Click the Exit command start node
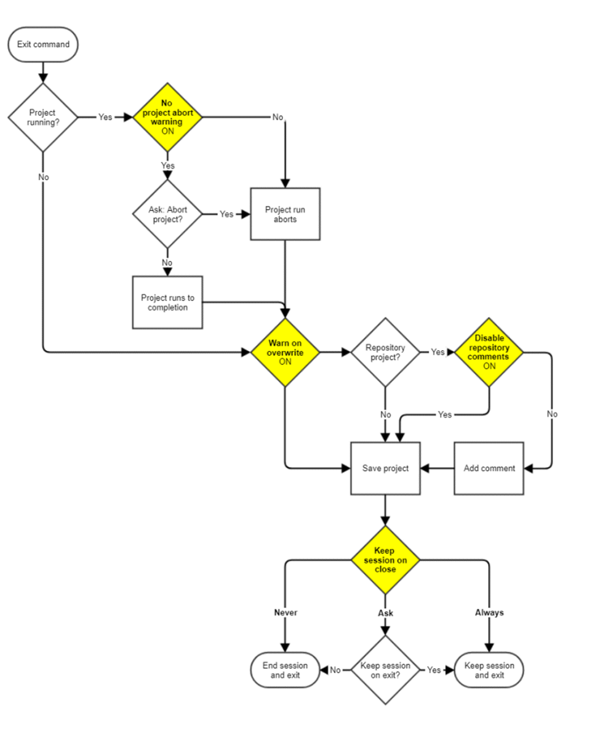(x=43, y=44)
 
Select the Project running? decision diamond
(x=43, y=117)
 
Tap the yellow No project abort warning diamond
(x=167, y=117)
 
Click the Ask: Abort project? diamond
(x=167, y=214)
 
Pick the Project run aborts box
(x=285, y=214)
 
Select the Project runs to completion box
(x=167, y=302)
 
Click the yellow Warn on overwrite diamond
(x=285, y=352)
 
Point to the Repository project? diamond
(x=385, y=352)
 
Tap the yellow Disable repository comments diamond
(x=489, y=352)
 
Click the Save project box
(x=385, y=468)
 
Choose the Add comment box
(x=489, y=468)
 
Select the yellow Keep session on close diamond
(x=385, y=560)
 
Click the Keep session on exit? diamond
(x=385, y=670)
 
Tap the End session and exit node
(x=285, y=670)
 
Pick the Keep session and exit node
(x=489, y=670)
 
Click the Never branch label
(x=286, y=612)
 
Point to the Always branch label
(x=489, y=612)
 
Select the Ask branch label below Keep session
(x=385, y=613)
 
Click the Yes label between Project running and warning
(x=105, y=117)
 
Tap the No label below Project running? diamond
(x=43, y=177)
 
